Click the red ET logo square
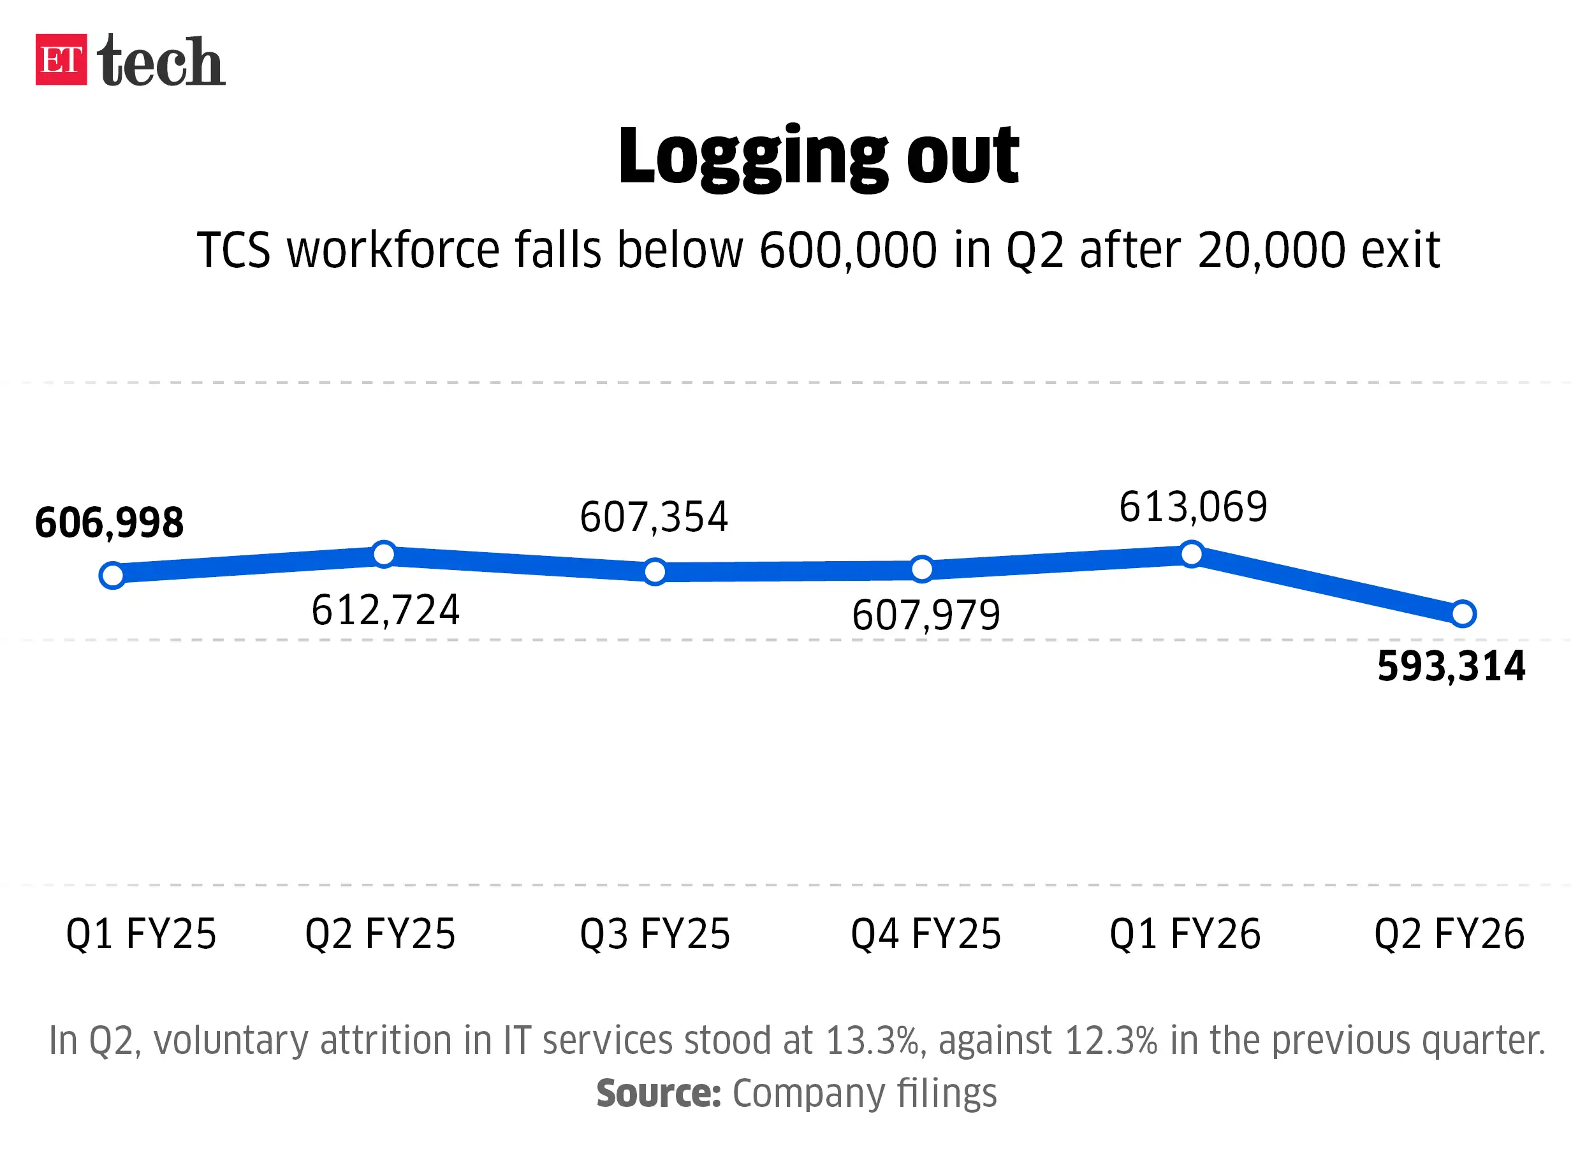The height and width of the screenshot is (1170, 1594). pos(62,59)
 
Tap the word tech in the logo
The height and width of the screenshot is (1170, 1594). pos(161,62)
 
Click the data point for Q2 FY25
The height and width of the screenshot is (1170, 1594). pos(384,554)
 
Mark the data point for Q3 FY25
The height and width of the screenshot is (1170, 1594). pos(655,571)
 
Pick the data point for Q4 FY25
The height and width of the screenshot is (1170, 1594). pos(922,569)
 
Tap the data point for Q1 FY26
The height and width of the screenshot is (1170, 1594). pos(1192,554)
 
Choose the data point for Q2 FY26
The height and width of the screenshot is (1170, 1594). pos(1463,613)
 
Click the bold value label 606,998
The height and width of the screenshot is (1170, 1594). pos(110,523)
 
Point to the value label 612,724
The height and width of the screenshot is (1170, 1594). pos(386,610)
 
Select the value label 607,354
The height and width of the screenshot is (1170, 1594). pos(654,517)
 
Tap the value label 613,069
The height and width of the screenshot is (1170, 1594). pos(1193,507)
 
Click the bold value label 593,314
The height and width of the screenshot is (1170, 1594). pos(1451,666)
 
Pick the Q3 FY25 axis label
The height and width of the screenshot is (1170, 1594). pos(655,933)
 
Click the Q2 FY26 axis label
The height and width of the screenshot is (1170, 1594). pos(1449,933)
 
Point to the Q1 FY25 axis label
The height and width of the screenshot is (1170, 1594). pos(141,933)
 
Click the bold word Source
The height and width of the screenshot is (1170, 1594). pos(659,1093)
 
